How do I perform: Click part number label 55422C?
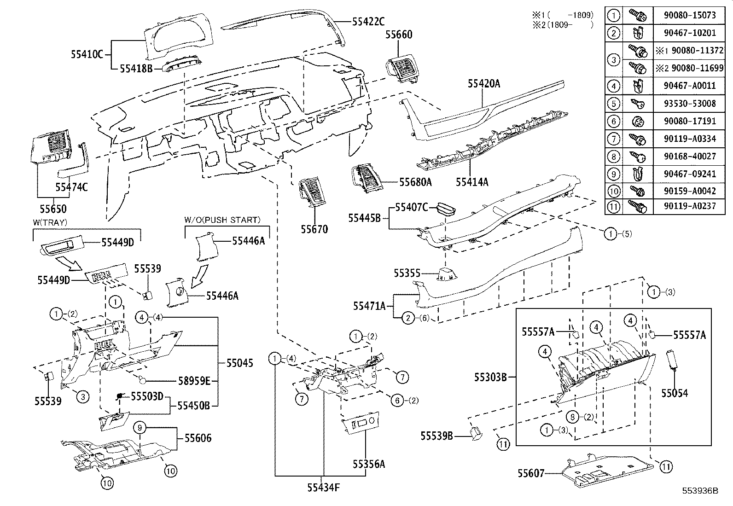[368, 21]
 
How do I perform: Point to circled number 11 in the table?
[613, 206]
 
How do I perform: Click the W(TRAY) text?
[50, 222]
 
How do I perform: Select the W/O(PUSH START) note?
[222, 220]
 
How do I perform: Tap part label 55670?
[314, 229]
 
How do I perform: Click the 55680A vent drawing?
[367, 179]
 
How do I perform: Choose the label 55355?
[407, 273]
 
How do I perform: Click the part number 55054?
[675, 393]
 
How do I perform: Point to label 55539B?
[436, 436]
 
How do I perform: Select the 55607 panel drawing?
[608, 472]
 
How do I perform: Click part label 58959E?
[194, 380]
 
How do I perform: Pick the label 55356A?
[368, 464]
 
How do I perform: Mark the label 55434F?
[324, 487]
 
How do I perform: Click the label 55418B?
[136, 69]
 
